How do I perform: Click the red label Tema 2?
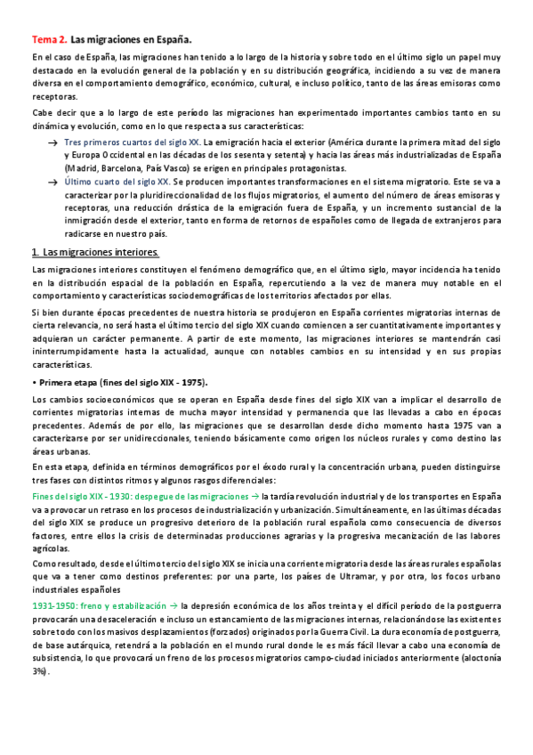(49, 40)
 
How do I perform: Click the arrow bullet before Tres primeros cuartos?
(53, 142)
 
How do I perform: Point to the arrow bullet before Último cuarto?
(53, 179)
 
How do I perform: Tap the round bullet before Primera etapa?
(34, 383)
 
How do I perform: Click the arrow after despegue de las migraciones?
(254, 495)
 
